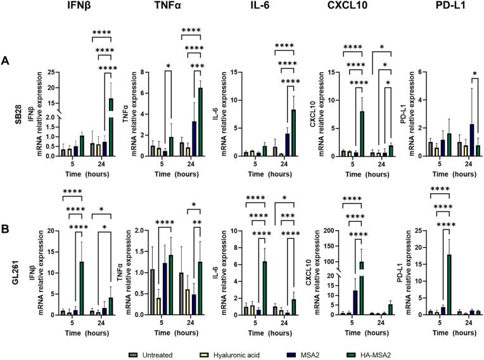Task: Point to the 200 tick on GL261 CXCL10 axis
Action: coord(334,231)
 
